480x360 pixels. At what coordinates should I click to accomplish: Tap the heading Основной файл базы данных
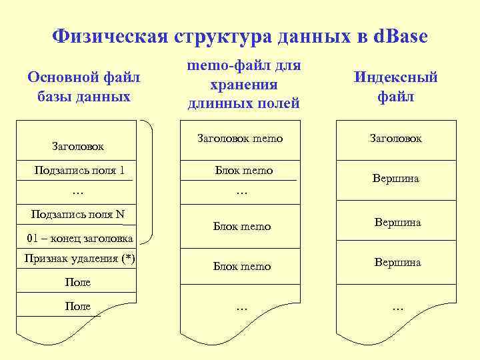pyautogui.click(x=84, y=87)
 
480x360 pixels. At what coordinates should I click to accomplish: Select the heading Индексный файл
pyautogui.click(x=396, y=87)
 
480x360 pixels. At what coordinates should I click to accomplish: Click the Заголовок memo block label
pyautogui.click(x=240, y=139)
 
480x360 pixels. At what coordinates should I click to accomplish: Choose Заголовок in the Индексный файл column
pyautogui.click(x=396, y=139)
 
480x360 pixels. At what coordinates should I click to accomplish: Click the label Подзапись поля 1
pyautogui.click(x=79, y=171)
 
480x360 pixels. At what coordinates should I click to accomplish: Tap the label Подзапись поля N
pyautogui.click(x=78, y=215)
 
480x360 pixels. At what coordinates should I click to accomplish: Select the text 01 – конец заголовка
pyautogui.click(x=80, y=239)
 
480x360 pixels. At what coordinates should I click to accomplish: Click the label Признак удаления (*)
pyautogui.click(x=80, y=259)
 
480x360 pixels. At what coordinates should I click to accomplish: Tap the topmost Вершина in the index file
pyautogui.click(x=396, y=179)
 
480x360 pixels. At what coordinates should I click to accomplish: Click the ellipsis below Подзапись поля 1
pyautogui.click(x=77, y=193)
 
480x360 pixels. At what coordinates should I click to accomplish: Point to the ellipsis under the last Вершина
pyautogui.click(x=397, y=308)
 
